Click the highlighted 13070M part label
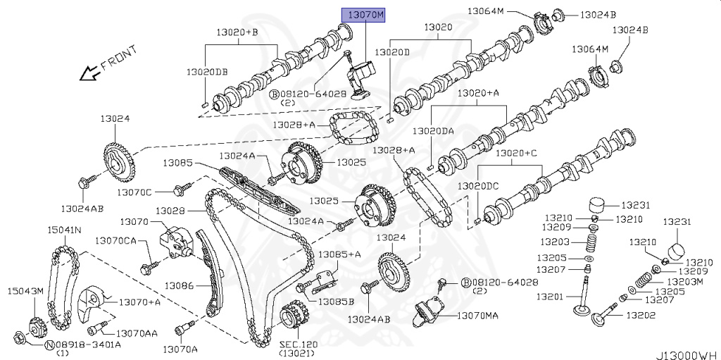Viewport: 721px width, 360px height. [x=363, y=15]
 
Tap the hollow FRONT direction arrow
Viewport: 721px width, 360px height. [x=89, y=72]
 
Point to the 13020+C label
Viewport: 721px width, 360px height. [x=516, y=153]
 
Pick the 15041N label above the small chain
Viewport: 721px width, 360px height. [x=64, y=230]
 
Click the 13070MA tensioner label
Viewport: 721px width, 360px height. [x=477, y=315]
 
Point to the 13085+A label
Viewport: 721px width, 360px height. [x=339, y=254]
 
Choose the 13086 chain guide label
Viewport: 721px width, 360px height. [x=179, y=285]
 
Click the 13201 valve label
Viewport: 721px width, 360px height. [x=550, y=297]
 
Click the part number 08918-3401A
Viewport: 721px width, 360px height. [x=88, y=345]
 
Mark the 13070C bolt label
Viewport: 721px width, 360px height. [x=134, y=191]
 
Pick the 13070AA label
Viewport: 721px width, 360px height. [x=136, y=333]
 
